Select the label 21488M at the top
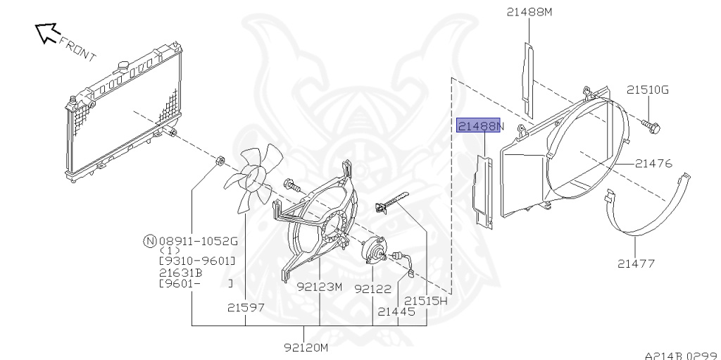(x=529, y=11)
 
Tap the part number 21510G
(x=648, y=89)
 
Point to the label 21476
(x=653, y=163)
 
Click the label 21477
(x=637, y=264)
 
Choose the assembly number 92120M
(x=306, y=347)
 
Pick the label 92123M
(x=319, y=287)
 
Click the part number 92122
(x=372, y=288)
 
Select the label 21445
(x=396, y=310)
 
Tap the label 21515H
(x=426, y=301)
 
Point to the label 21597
(x=246, y=307)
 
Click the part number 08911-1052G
(x=199, y=241)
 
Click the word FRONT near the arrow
(x=77, y=46)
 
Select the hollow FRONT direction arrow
(x=46, y=32)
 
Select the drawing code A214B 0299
(x=681, y=355)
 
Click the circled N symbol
(x=149, y=241)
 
